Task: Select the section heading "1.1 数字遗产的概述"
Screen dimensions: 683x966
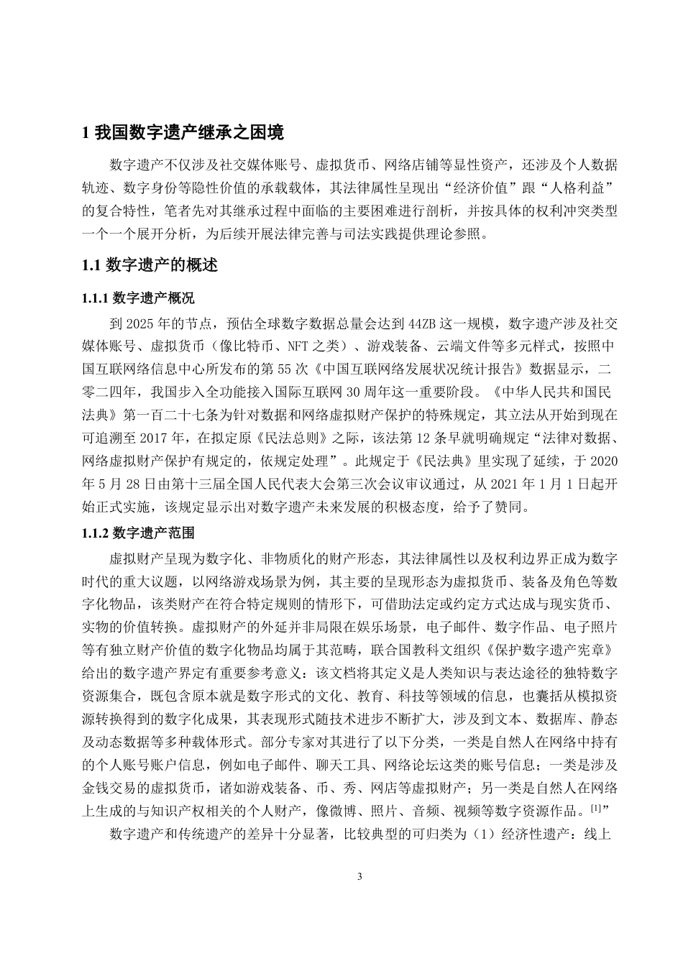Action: (x=150, y=265)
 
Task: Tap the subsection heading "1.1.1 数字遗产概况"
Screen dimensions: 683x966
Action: (x=139, y=298)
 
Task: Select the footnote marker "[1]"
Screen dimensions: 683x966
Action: (x=596, y=808)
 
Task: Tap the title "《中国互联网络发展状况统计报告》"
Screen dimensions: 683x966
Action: (x=422, y=369)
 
